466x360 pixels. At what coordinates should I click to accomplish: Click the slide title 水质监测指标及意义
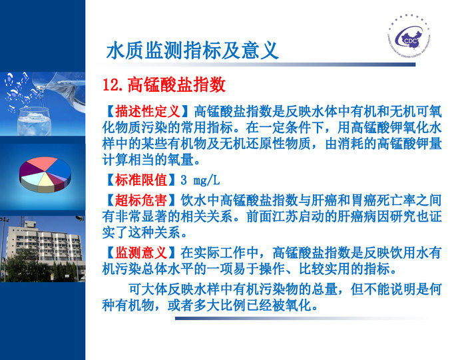click(x=192, y=51)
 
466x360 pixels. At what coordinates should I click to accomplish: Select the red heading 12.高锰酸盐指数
click(x=164, y=85)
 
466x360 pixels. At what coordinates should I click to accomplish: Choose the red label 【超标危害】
click(x=140, y=200)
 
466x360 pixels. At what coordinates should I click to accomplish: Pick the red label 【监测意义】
click(x=140, y=253)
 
